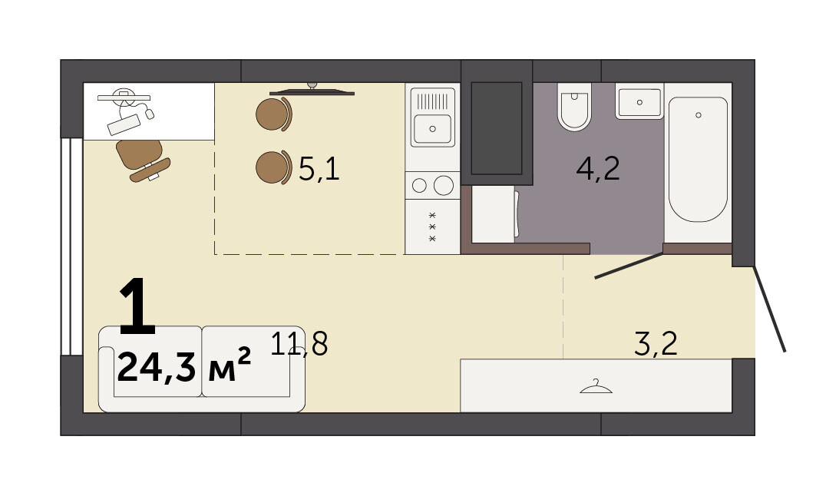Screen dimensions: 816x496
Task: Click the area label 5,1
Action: [x=319, y=169]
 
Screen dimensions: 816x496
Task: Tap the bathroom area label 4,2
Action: [x=598, y=169]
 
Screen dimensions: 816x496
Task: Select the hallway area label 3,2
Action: [x=656, y=343]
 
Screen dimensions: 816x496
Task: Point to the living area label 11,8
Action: [x=299, y=343]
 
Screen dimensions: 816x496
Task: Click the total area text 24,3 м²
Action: [x=184, y=366]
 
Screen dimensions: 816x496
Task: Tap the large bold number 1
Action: [x=137, y=306]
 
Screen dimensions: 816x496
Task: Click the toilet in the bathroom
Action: [x=574, y=107]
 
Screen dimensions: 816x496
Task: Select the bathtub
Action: [x=698, y=159]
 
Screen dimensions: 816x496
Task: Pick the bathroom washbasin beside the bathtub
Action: [x=639, y=103]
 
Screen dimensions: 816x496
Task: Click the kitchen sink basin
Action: [x=432, y=128]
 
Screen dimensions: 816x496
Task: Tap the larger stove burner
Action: [x=444, y=185]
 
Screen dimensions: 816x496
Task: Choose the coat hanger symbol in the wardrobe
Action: [x=596, y=386]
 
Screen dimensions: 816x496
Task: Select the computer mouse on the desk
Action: [x=150, y=113]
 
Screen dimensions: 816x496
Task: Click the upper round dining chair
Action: [x=274, y=114]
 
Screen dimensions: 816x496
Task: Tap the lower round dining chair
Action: [x=274, y=167]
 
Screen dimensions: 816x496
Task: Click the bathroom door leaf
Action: [x=629, y=266]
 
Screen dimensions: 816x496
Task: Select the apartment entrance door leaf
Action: [x=769, y=309]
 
